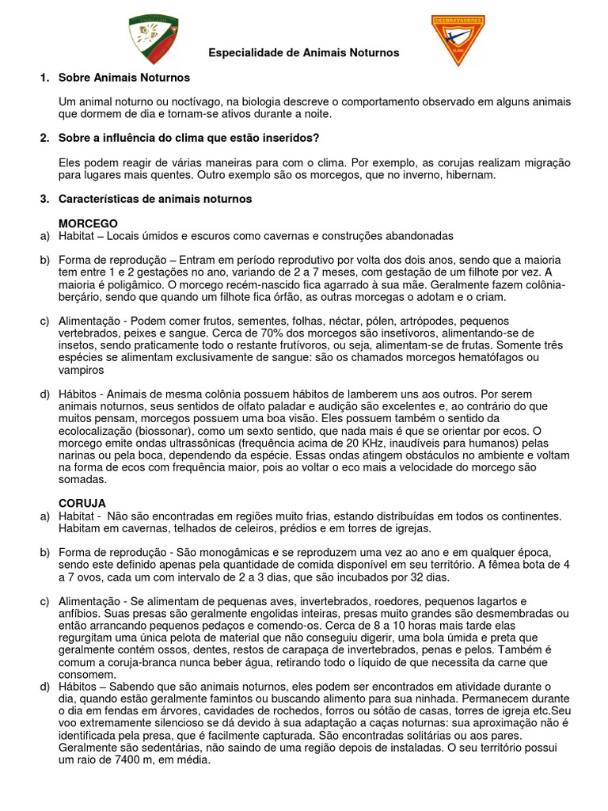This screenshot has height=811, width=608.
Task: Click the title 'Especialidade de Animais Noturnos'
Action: coord(304,52)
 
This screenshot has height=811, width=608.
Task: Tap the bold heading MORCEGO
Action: coord(88,223)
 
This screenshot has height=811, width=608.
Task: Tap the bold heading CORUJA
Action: coord(82,503)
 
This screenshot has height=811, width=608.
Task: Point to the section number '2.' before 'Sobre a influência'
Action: coord(44,139)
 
